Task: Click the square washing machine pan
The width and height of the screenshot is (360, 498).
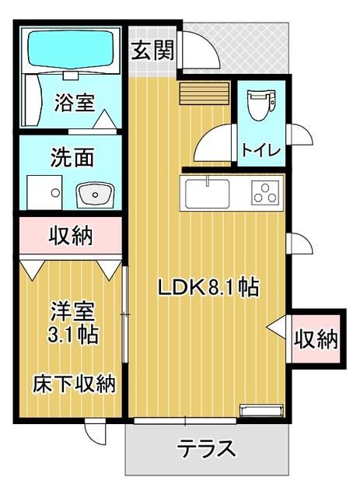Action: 44,189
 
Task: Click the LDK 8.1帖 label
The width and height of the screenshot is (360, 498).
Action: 208,287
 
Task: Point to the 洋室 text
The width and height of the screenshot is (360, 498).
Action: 72,312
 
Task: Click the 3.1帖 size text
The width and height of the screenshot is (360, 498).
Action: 72,336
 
